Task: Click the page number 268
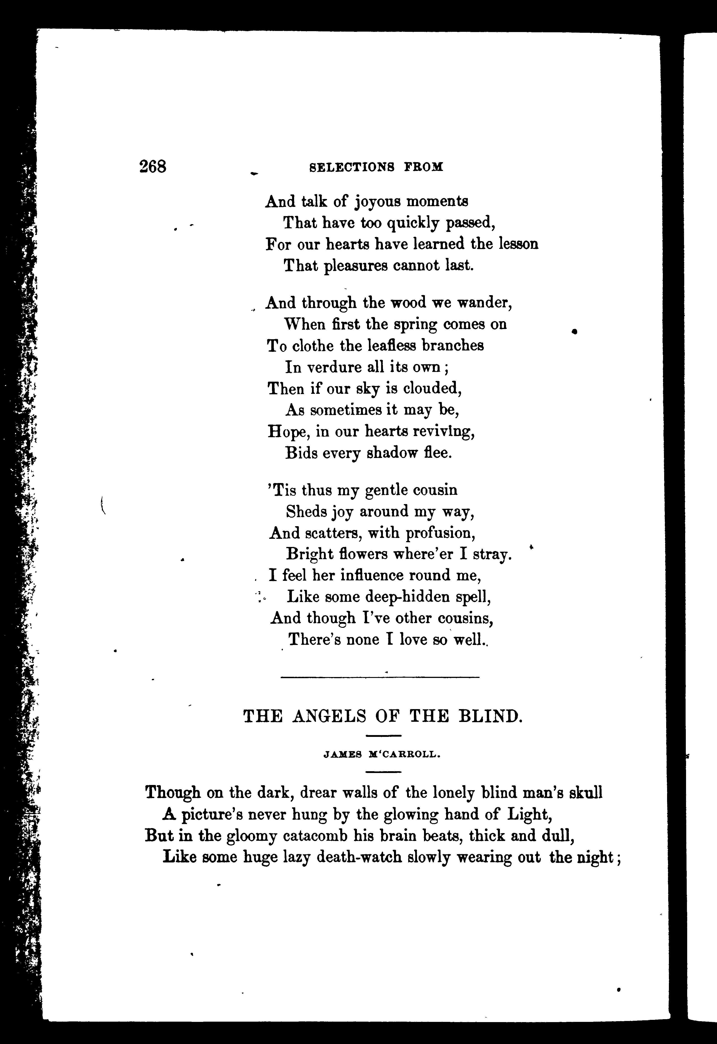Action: pos(153,167)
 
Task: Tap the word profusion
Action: pos(440,533)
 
